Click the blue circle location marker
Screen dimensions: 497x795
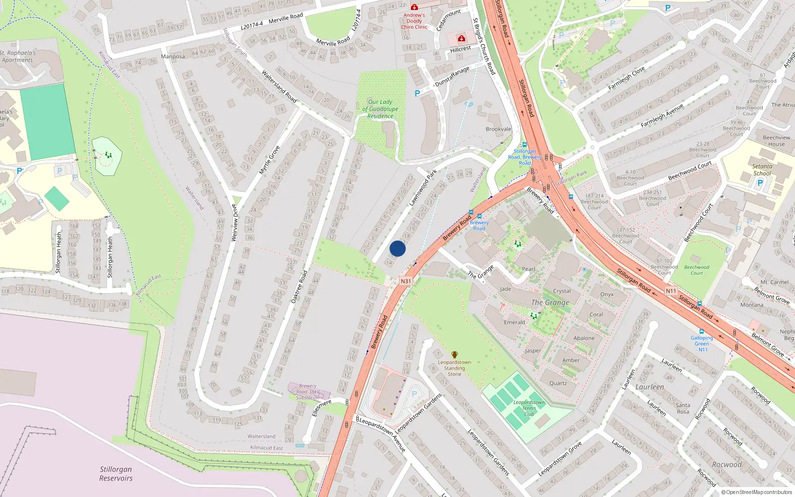pyautogui.click(x=397, y=248)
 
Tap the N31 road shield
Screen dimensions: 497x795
pyautogui.click(x=406, y=281)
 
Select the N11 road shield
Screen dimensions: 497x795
pyautogui.click(x=671, y=291)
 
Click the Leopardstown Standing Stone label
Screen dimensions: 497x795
pyautogui.click(x=454, y=368)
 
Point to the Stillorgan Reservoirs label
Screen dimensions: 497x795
pyautogui.click(x=116, y=474)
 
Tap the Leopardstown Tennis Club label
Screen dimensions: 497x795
pyautogui.click(x=529, y=408)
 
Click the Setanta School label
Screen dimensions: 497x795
pyautogui.click(x=762, y=170)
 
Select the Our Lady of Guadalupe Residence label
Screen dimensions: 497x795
pyautogui.click(x=380, y=109)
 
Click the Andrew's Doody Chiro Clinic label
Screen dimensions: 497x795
pyautogui.click(x=414, y=21)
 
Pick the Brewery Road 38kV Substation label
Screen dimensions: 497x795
pyautogui.click(x=308, y=392)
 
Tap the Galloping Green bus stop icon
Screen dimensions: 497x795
pyautogui.click(x=701, y=331)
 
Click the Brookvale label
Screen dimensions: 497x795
pyautogui.click(x=498, y=129)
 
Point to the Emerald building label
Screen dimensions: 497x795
pyautogui.click(x=514, y=322)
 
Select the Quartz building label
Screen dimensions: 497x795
pyautogui.click(x=558, y=383)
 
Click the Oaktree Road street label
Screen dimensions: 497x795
pyautogui.click(x=299, y=287)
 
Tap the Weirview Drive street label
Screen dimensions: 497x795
pyautogui.click(x=235, y=223)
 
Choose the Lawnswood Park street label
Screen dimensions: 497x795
pyautogui.click(x=423, y=188)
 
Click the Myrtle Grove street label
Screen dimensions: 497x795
pyautogui.click(x=269, y=160)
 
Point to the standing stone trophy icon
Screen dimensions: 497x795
pyautogui.click(x=454, y=355)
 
